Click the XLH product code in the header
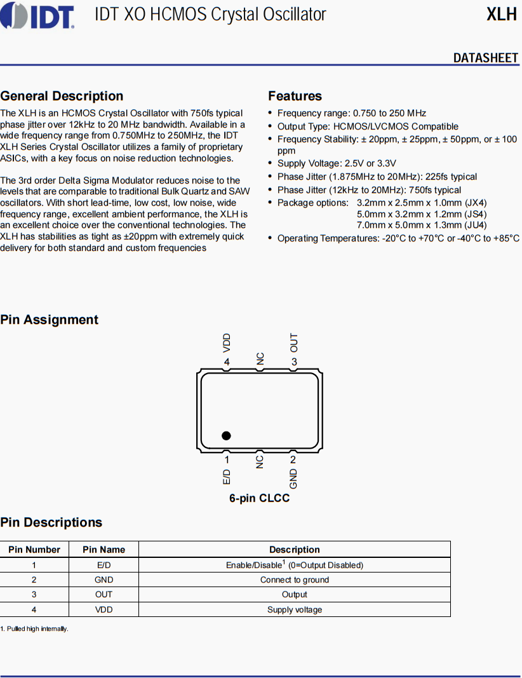tap(502, 15)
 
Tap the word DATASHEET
tap(486, 58)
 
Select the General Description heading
tap(62, 96)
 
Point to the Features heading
tap(295, 96)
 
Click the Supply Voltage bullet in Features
tap(337, 163)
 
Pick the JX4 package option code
tap(476, 203)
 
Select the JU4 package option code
tap(476, 226)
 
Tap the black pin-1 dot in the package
tap(226, 435)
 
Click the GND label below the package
tap(293, 478)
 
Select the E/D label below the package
tap(227, 478)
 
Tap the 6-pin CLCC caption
tap(259, 498)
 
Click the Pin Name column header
tap(104, 550)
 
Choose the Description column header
tap(295, 550)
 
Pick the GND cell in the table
tap(104, 580)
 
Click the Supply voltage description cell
tap(295, 609)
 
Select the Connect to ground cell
tap(295, 580)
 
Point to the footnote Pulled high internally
tap(36, 628)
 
